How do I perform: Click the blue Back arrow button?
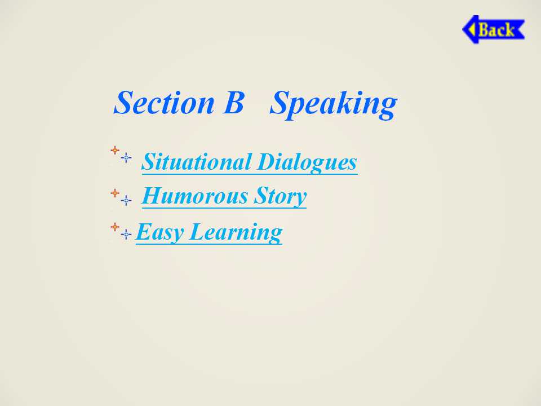point(494,29)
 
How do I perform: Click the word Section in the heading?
point(164,103)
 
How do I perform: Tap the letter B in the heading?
point(233,103)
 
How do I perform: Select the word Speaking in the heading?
point(333,104)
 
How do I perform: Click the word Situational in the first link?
point(196,162)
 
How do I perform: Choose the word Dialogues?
point(307,163)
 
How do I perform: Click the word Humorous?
point(194,196)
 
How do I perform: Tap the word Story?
point(280,197)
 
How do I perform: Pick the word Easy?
point(159,232)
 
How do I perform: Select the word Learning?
point(236,233)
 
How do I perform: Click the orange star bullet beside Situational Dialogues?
point(115,150)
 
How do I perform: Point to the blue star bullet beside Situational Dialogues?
point(126,157)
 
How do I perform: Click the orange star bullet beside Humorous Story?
point(115,193)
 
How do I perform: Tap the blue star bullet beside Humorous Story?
point(126,200)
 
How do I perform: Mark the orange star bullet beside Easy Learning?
point(115,227)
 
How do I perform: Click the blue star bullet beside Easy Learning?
point(126,234)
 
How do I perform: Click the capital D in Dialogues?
point(267,162)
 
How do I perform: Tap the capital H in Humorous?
point(153,196)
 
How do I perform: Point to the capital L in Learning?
point(198,232)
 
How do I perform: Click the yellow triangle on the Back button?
point(472,29)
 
